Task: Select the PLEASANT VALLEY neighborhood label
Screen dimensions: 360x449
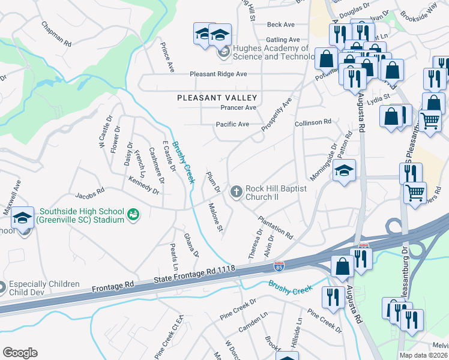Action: (217, 97)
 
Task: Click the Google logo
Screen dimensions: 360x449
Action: (20, 353)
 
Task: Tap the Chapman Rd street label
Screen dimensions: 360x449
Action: (56, 35)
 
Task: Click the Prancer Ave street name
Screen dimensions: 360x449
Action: (238, 107)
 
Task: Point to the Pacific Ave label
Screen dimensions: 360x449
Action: (232, 124)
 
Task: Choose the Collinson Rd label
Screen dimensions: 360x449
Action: (313, 122)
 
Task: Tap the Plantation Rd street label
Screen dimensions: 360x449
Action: (276, 227)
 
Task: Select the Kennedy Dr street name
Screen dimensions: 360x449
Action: (144, 185)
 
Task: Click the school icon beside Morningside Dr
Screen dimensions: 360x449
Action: (345, 171)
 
